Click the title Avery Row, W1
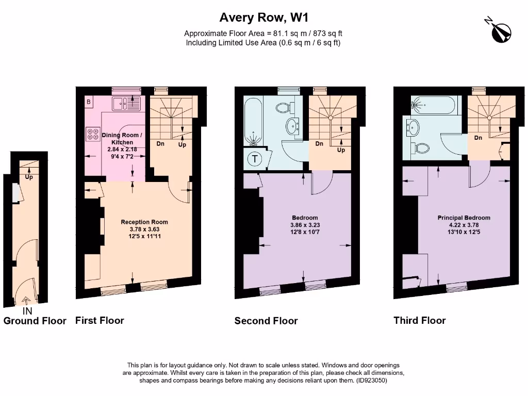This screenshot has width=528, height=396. click(x=263, y=18)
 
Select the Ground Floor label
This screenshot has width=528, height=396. click(x=35, y=321)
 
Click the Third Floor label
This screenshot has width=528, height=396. click(x=419, y=320)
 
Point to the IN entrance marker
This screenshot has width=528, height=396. click(x=27, y=311)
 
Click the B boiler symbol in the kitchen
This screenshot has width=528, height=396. click(x=88, y=102)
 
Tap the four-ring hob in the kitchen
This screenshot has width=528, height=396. click(x=93, y=134)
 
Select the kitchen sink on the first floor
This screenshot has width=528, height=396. click(x=124, y=103)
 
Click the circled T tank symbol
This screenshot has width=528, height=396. click(x=255, y=159)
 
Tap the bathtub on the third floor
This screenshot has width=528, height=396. click(x=434, y=106)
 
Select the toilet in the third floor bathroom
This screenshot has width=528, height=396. click(x=421, y=148)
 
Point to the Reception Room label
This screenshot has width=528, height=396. click(x=144, y=222)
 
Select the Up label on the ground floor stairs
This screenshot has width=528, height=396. click(x=29, y=177)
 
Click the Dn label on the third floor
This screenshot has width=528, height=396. click(x=478, y=138)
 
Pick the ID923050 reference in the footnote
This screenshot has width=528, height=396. click(x=371, y=381)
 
